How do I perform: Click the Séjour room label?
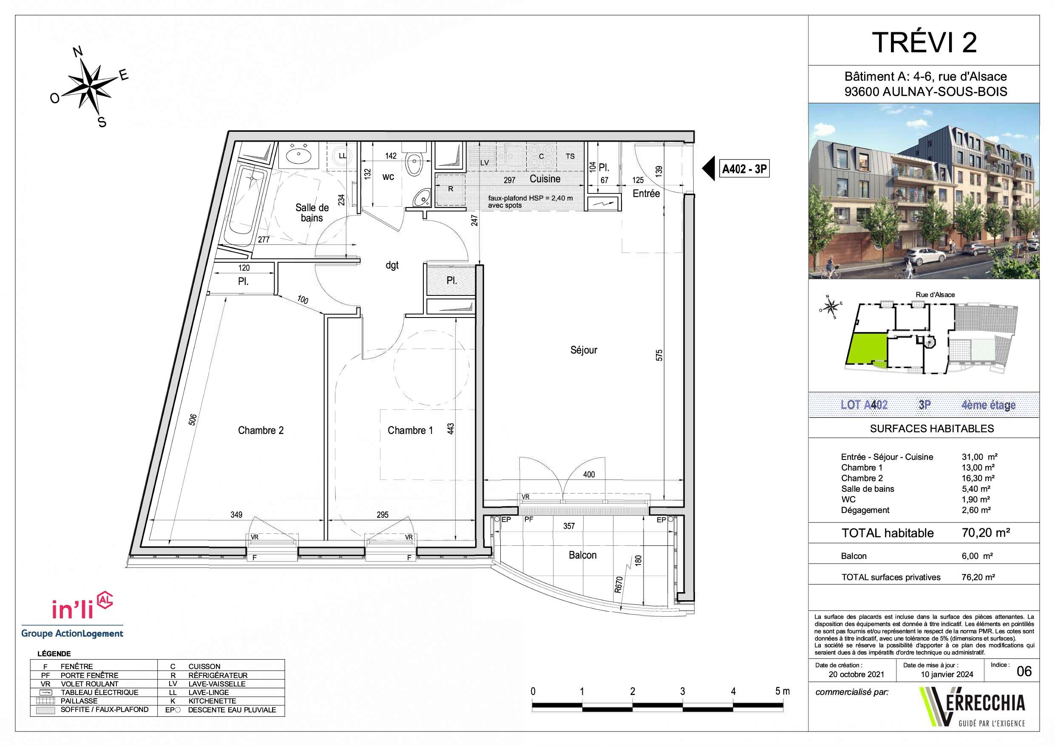click(584, 350)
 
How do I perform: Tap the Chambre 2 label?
click(261, 430)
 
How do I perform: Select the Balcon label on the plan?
click(583, 555)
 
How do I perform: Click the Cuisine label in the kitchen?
click(545, 179)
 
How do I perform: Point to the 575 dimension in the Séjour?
click(659, 355)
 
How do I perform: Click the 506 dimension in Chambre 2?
click(193, 419)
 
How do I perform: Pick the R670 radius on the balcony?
click(618, 584)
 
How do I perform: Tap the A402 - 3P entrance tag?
click(744, 169)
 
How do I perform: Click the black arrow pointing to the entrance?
click(708, 169)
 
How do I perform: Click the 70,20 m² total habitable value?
click(986, 533)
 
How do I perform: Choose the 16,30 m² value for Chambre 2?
click(978, 478)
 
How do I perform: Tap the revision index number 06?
click(1024, 672)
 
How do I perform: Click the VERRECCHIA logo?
click(971, 707)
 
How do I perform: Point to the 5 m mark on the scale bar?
click(782, 691)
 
